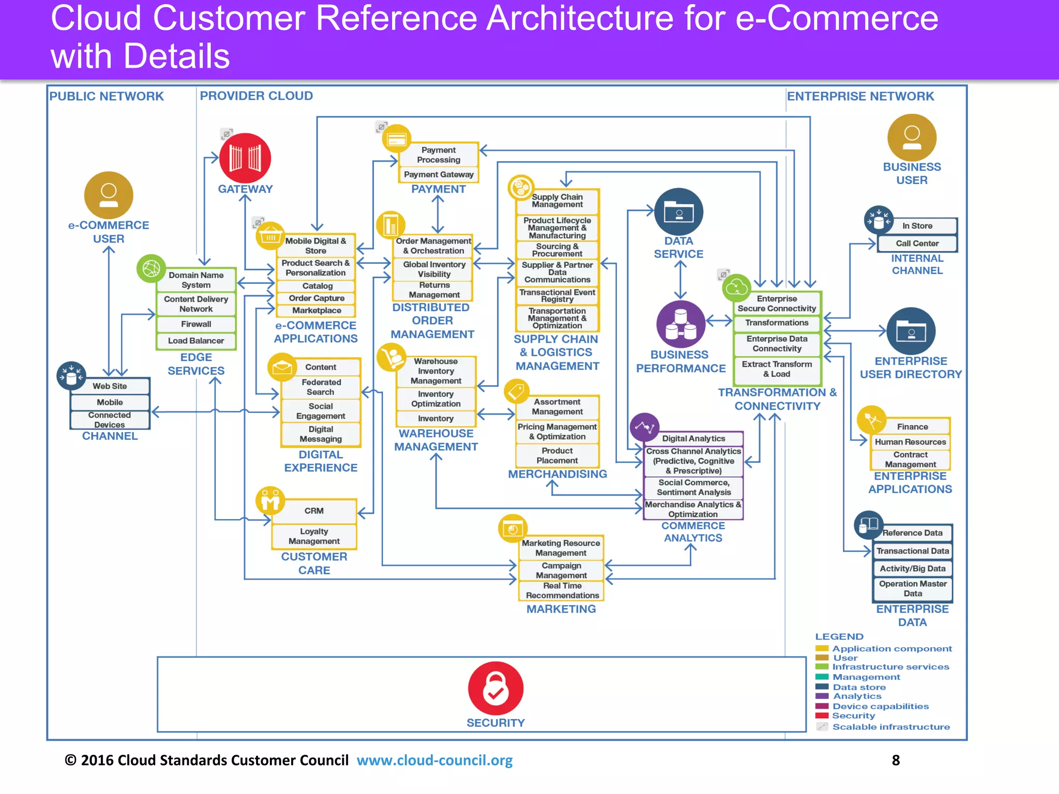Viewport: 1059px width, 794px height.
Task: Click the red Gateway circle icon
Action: click(245, 158)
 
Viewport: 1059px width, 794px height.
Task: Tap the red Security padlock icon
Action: click(495, 688)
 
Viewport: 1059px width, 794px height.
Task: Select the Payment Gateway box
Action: click(438, 175)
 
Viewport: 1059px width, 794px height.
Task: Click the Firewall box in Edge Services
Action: click(196, 324)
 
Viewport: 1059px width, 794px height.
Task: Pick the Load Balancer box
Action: click(196, 341)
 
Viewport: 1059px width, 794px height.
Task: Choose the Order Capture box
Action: click(316, 298)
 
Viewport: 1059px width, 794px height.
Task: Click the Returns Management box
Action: click(434, 290)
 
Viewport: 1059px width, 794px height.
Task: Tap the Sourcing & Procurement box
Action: click(557, 250)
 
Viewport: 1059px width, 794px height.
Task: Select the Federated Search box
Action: click(321, 387)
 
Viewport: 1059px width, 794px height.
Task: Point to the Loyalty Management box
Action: click(314, 536)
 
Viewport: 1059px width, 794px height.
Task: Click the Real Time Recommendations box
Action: click(562, 590)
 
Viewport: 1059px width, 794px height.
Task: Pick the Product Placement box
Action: click(557, 455)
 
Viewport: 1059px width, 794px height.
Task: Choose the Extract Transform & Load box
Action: click(777, 369)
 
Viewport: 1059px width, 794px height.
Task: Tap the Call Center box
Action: click(917, 243)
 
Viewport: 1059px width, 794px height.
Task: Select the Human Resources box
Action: click(910, 442)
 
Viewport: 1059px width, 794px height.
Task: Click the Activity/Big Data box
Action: click(913, 569)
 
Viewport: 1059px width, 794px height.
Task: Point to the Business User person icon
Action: click(912, 138)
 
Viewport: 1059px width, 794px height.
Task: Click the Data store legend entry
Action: click(859, 687)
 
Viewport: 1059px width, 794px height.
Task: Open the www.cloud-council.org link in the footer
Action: click(434, 760)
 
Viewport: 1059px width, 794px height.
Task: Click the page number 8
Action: click(896, 760)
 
